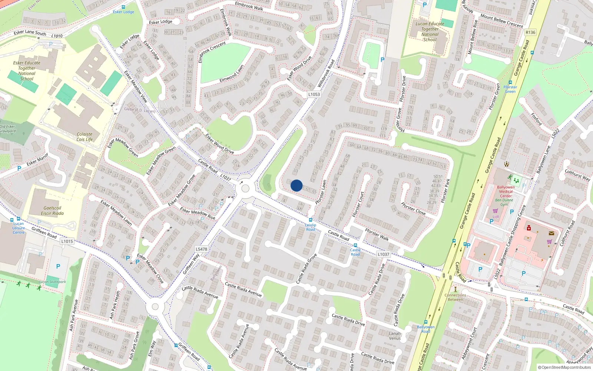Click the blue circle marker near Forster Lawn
coord(296,185)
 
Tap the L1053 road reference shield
coord(314,94)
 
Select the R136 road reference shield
coord(530,32)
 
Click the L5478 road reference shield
coord(201,249)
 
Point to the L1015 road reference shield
coord(67,241)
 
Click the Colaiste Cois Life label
coord(85,137)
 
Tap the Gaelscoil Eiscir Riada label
coord(52,211)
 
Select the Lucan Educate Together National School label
coord(430,32)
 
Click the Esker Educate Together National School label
coord(27,70)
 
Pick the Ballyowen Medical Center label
coord(506,191)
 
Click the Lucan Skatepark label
coord(52,282)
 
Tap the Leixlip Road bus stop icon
coord(311,220)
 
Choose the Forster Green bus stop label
coord(510,89)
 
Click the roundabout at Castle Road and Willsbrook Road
coord(245,188)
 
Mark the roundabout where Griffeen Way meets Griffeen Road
coord(155,307)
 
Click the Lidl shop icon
coord(495,211)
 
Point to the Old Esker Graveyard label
coord(8,129)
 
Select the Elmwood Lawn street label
coord(231,74)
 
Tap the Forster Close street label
coord(413,209)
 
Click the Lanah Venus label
coord(395,336)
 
